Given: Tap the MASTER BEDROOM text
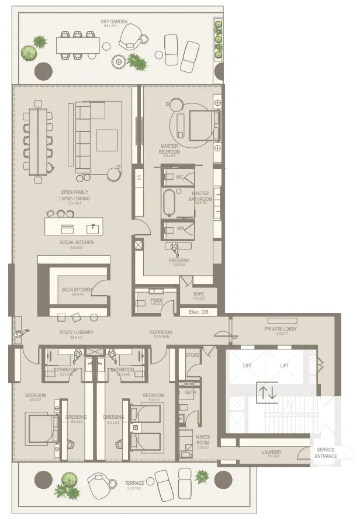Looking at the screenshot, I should point(170,149).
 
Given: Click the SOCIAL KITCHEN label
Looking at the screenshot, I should point(77,242).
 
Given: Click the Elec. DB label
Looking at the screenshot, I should point(199,312).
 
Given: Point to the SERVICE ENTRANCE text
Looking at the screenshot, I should point(326,453).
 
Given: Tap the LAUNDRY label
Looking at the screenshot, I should point(272,452).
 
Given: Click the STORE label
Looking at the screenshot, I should point(193,355).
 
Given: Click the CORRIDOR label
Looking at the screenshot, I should point(161,332).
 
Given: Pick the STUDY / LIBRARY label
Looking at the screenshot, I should point(76,332).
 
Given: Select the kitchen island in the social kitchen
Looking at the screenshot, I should point(74,227).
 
